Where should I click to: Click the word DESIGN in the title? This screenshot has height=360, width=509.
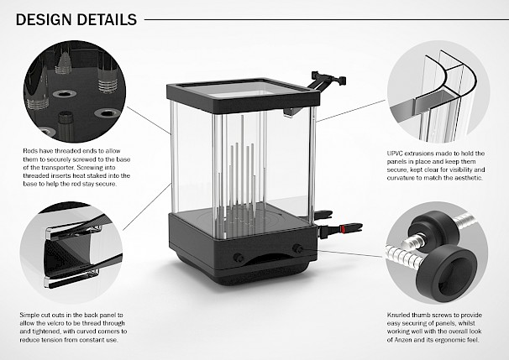(44, 19)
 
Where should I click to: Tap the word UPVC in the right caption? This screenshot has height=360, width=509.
(395, 154)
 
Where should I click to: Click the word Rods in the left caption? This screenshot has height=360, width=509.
(30, 151)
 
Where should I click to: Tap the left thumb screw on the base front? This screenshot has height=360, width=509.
(238, 258)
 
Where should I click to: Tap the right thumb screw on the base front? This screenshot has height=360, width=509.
(297, 249)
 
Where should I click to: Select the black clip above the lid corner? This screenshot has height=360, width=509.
(328, 79)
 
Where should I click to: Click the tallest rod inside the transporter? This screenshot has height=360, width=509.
(242, 162)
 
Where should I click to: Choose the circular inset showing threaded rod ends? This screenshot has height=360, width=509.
(75, 91)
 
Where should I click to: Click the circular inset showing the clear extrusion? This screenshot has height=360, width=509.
(438, 91)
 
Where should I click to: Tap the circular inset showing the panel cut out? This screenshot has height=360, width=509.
(71, 253)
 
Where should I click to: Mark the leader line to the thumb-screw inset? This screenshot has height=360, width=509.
(351, 253)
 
